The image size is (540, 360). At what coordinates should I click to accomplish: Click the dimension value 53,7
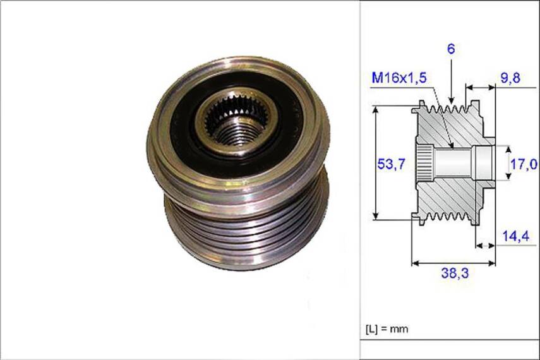pos(390,164)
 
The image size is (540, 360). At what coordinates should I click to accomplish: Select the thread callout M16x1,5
pos(400,78)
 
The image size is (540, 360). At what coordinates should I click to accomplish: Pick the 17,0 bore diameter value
pos(524,164)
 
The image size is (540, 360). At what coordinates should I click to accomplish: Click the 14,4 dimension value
pos(515,236)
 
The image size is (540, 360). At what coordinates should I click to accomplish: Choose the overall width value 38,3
pos(453,273)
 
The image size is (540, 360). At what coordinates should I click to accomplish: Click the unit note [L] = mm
pos(387,329)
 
